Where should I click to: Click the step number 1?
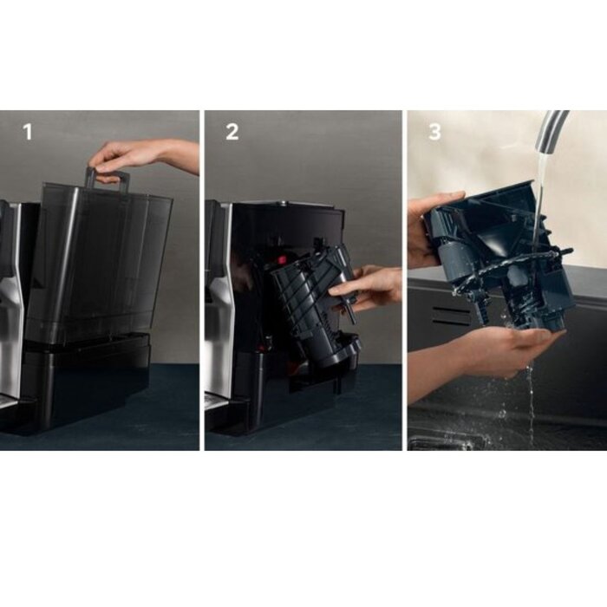(x=27, y=132)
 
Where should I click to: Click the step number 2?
(x=232, y=132)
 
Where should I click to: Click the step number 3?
(x=434, y=132)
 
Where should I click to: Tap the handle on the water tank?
(x=108, y=179)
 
